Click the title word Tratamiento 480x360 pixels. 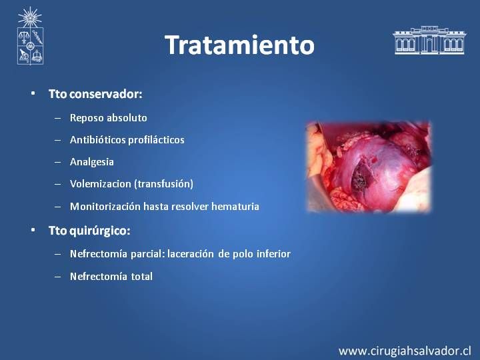tap(240, 45)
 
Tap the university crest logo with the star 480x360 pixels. tap(30, 36)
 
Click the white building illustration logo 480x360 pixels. tap(429, 40)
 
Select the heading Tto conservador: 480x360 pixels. tap(95, 94)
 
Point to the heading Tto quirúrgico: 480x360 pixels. tap(89, 231)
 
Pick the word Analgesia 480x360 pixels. tap(92, 162)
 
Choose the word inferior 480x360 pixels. tap(273, 254)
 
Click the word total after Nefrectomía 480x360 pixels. tap(142, 277)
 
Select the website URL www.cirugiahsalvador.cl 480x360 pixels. tap(405, 351)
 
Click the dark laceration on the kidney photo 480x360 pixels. tap(362, 175)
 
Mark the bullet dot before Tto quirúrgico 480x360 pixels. tap(33, 230)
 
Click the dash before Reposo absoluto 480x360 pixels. tap(57, 118)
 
